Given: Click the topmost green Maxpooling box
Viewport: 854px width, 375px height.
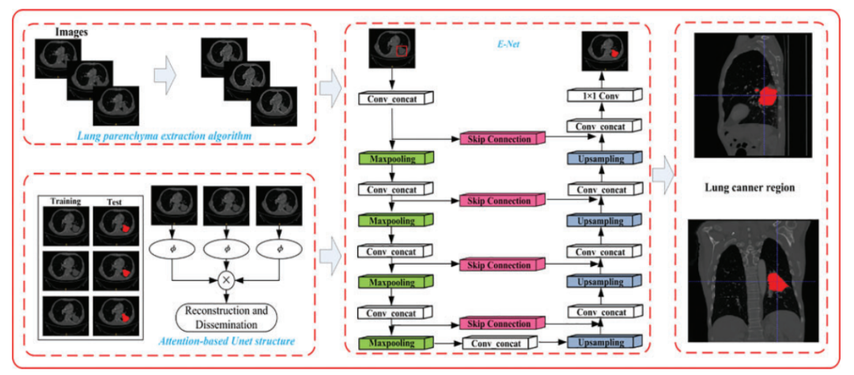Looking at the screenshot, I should point(393,159).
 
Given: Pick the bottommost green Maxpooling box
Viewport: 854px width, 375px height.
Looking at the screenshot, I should point(393,343).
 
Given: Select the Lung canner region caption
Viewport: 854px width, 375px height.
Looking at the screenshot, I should point(746,189).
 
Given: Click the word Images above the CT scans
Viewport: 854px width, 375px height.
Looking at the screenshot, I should point(72,33).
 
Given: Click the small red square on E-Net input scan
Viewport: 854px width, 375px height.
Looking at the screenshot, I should point(402,51).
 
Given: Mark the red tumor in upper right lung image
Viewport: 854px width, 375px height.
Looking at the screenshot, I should point(766,96).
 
